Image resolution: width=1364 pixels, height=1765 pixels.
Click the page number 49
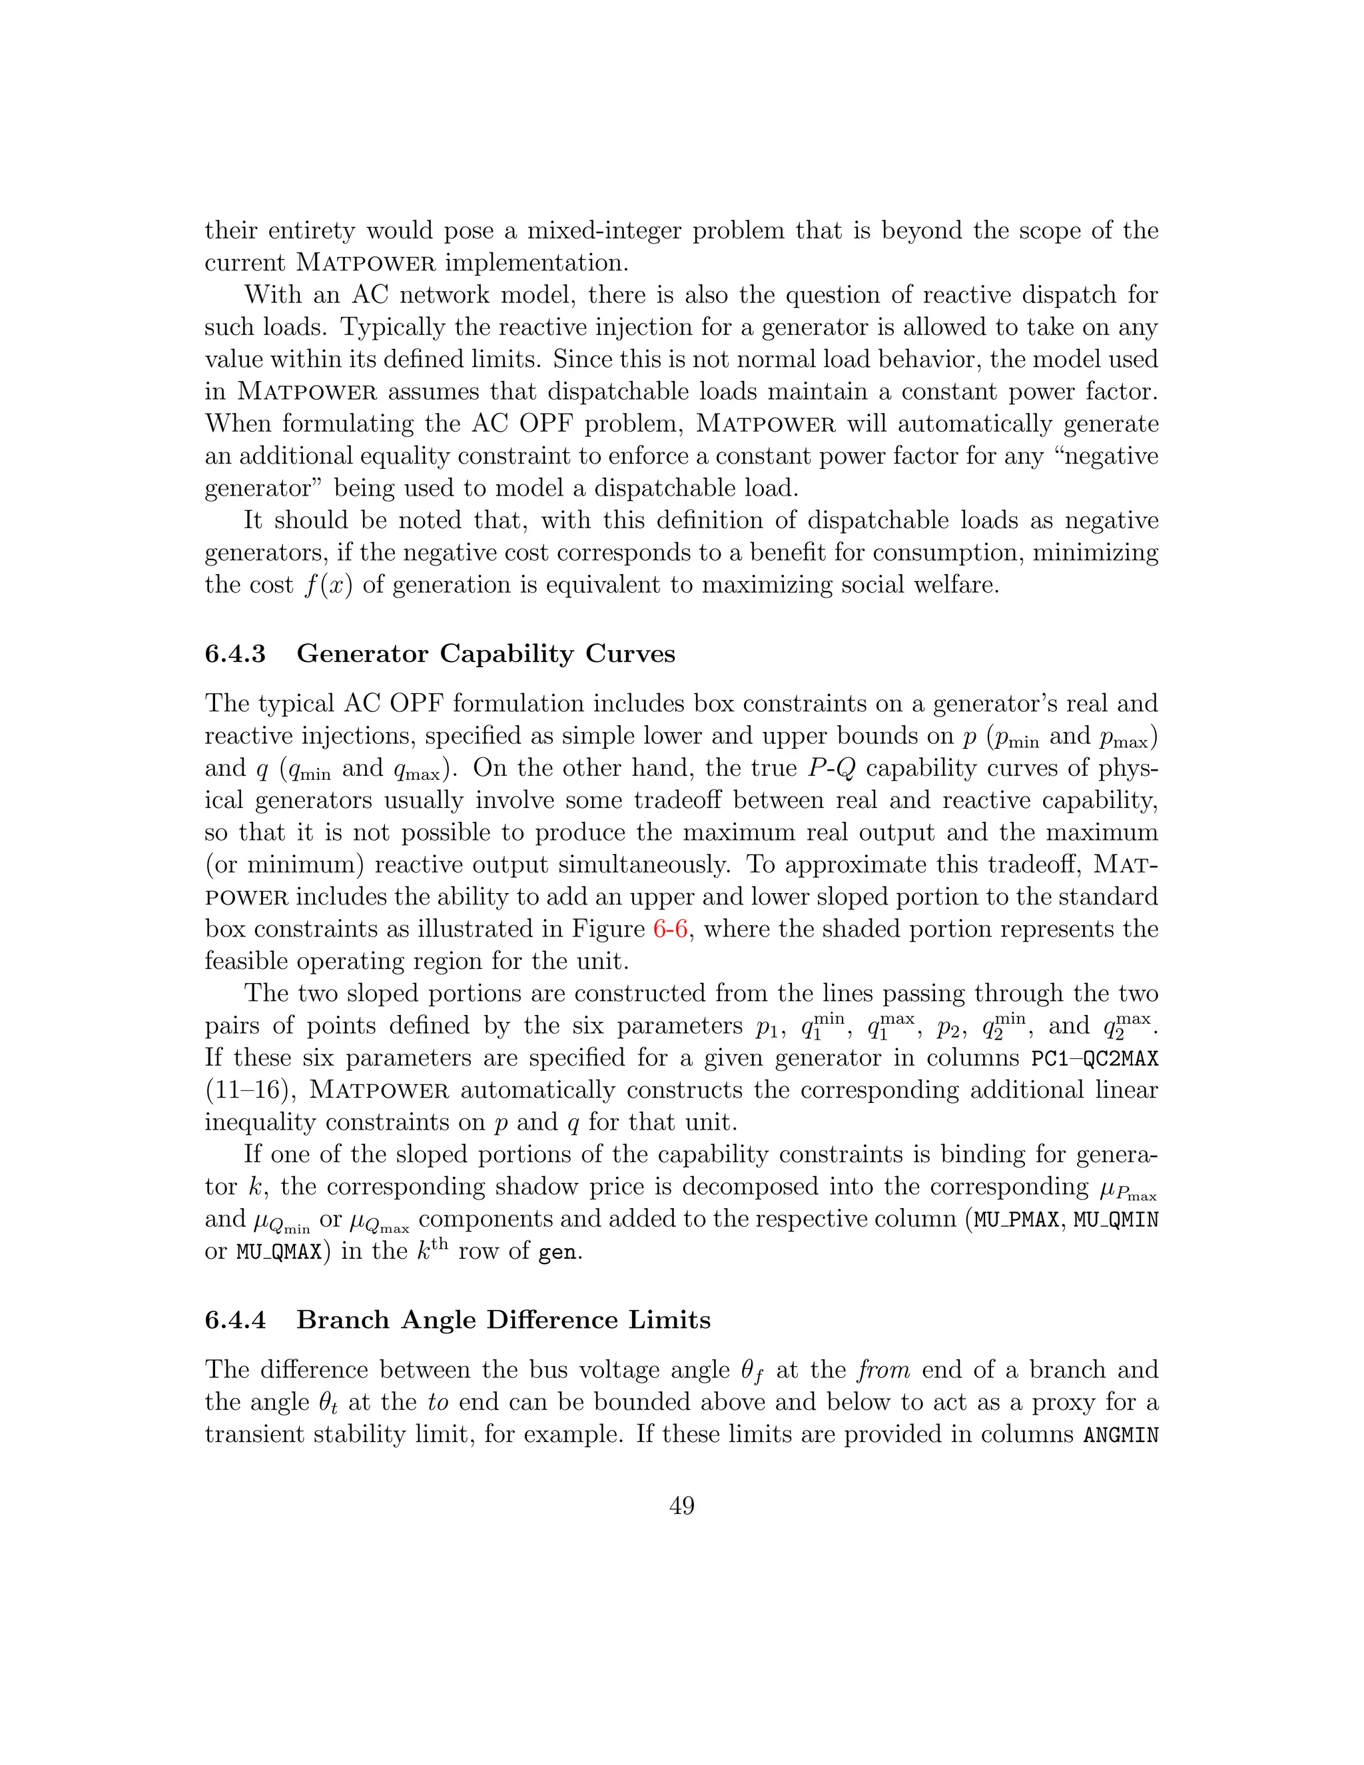[x=681, y=1506]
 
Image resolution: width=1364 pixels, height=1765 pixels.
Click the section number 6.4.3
[x=235, y=654]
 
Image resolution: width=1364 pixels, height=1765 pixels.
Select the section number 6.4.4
[x=235, y=1319]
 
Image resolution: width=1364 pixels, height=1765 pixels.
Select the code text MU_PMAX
[x=1016, y=1220]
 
